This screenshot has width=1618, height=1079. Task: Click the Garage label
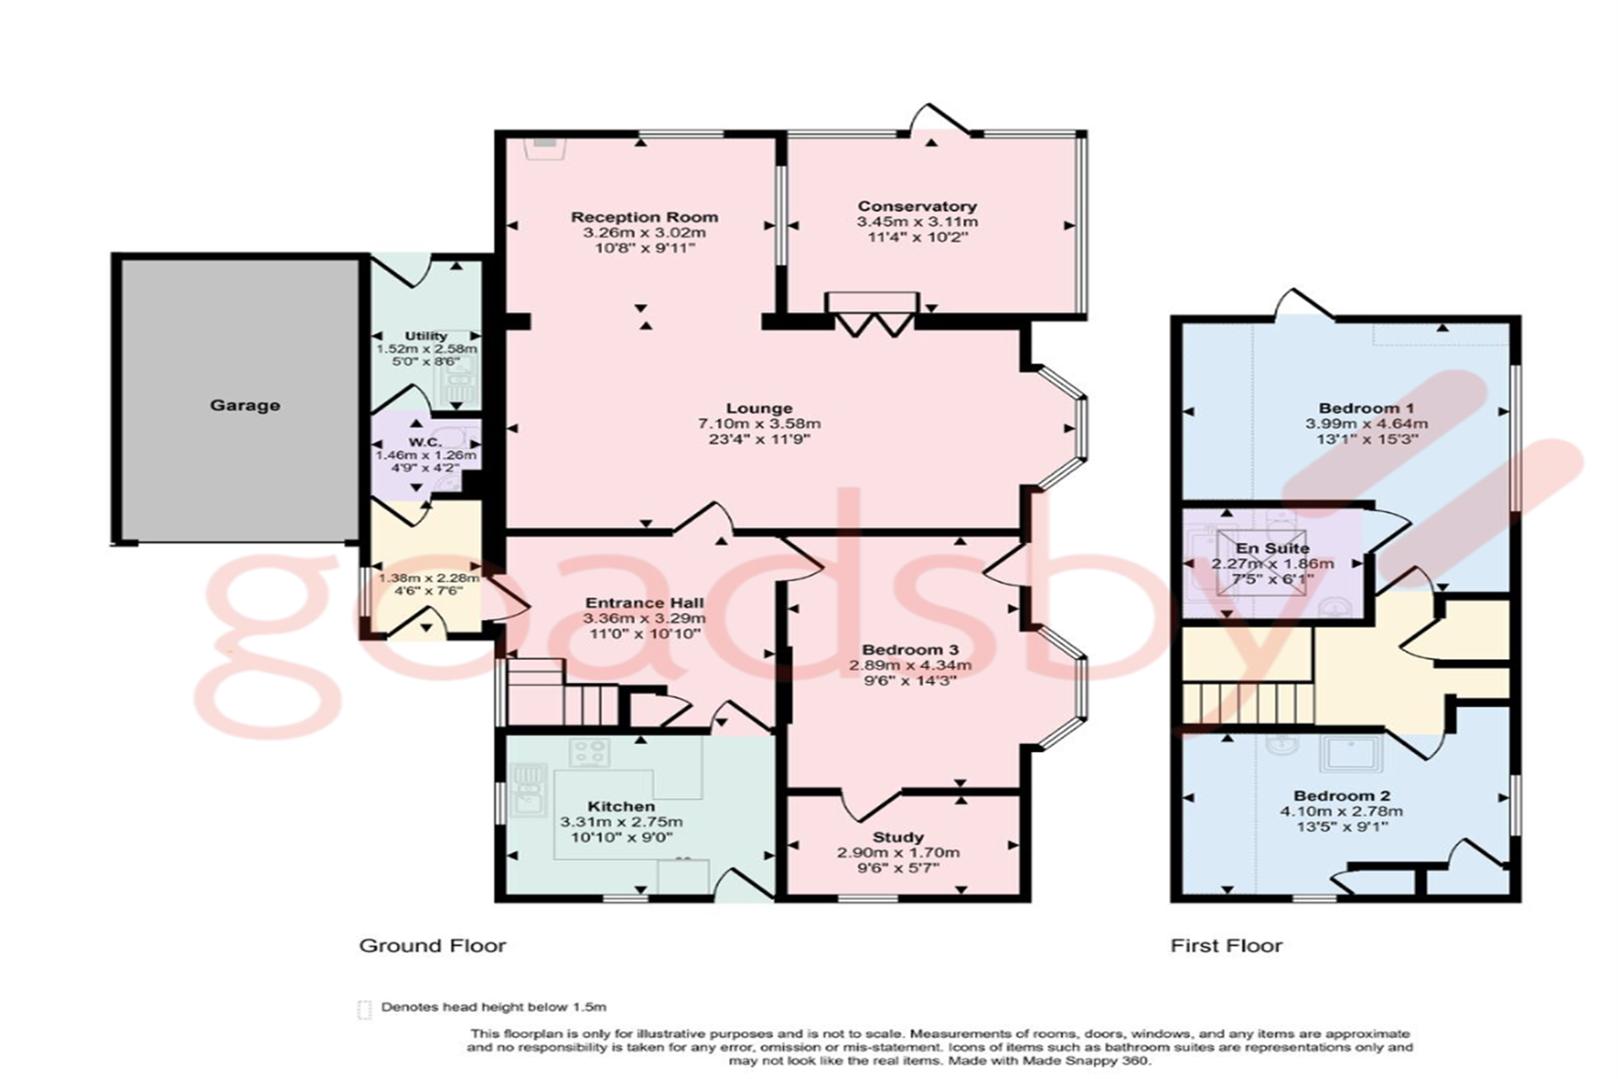click(x=244, y=405)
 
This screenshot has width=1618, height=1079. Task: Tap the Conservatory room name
click(x=917, y=206)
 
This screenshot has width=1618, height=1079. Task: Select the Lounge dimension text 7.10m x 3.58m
click(x=758, y=424)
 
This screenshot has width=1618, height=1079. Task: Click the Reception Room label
click(x=644, y=217)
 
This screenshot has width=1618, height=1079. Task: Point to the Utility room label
click(x=426, y=336)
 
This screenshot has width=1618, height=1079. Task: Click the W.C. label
click(x=425, y=442)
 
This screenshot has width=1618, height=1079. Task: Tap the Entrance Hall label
click(x=644, y=603)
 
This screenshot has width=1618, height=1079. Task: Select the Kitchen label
click(x=621, y=807)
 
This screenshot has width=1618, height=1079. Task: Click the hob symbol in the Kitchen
click(x=589, y=752)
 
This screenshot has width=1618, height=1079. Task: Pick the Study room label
click(x=897, y=837)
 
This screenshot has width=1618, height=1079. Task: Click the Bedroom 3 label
click(x=910, y=650)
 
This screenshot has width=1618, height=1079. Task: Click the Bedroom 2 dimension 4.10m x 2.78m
click(x=1342, y=812)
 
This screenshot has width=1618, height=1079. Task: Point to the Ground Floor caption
click(x=432, y=946)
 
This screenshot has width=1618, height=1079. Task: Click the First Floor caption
click(x=1225, y=946)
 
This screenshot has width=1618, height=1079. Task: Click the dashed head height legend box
click(x=364, y=1009)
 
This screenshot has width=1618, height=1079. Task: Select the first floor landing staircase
click(x=1247, y=703)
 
